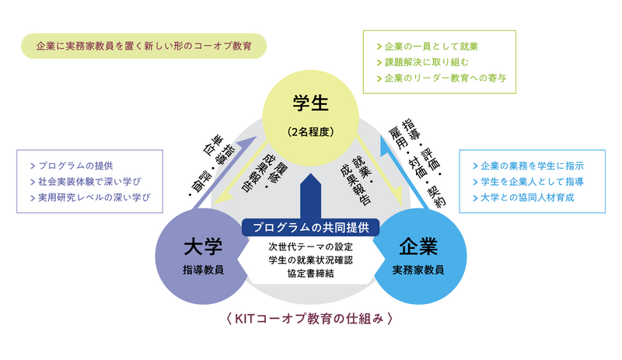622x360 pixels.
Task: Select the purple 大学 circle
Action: (204, 257)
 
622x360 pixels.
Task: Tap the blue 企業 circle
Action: (418, 257)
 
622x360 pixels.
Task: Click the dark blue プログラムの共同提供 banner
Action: (310, 227)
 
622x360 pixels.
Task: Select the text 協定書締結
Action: (310, 273)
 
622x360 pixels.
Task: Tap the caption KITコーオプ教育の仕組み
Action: (310, 317)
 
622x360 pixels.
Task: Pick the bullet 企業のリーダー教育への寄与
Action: (444, 79)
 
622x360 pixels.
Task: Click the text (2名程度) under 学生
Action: (310, 131)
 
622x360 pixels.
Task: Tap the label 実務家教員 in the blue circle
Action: (418, 269)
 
